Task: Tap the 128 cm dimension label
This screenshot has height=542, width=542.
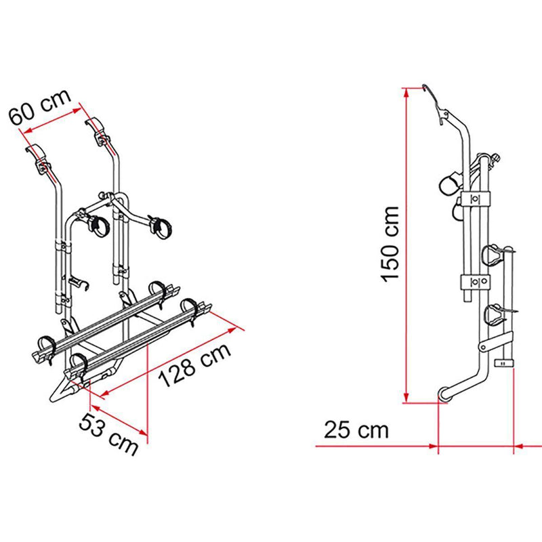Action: pyautogui.click(x=194, y=365)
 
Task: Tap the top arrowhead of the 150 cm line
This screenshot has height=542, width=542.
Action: pyautogui.click(x=405, y=92)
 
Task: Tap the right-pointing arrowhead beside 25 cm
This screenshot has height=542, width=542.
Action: pyautogui.click(x=434, y=446)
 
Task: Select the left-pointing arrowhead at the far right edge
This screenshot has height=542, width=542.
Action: pyautogui.click(x=518, y=446)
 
